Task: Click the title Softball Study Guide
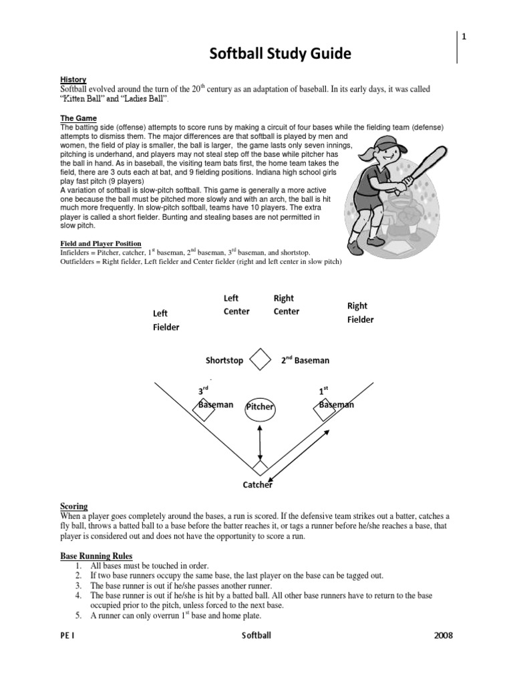270,53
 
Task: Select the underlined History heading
73,79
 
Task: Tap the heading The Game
77,118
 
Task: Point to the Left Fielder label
166,320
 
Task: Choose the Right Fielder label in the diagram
360,313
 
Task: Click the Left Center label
236,305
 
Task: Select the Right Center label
287,305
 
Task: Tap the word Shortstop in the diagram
224,361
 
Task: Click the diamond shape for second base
260,359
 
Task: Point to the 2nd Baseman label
305,361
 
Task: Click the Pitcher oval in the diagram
261,406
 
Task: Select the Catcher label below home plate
257,485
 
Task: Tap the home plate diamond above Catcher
260,466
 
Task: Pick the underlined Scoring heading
73,506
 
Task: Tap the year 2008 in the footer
443,636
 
